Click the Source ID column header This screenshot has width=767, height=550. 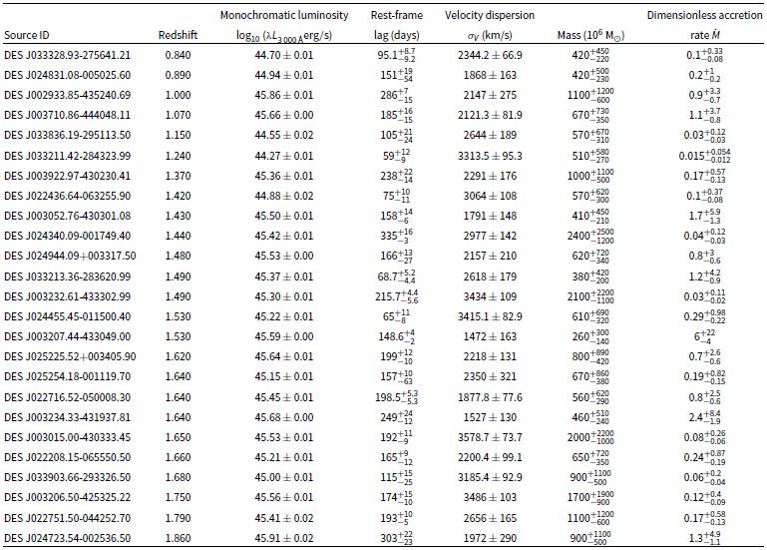(27, 35)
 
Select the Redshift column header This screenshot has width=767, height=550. (179, 35)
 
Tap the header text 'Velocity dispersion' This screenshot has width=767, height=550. (490, 15)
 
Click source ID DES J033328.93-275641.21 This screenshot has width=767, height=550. (68, 55)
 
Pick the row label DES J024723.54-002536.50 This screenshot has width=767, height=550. (68, 538)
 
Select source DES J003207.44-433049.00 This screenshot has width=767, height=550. (68, 336)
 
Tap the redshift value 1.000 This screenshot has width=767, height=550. (179, 95)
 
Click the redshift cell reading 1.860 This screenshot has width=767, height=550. (179, 538)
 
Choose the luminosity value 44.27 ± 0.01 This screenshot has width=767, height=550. (283, 156)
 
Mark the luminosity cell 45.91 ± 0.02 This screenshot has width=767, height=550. (283, 538)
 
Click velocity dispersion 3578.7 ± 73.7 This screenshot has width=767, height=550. (490, 437)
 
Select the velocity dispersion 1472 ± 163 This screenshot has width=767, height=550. (490, 336)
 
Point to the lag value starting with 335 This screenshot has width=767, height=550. (397, 236)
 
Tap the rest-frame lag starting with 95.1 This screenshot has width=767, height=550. (397, 55)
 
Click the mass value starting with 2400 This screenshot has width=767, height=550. (590, 236)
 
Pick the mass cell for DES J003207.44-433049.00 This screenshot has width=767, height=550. (590, 336)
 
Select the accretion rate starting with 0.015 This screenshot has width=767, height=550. (704, 156)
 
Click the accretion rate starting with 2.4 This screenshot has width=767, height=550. (704, 417)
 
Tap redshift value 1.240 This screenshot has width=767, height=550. (179, 156)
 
